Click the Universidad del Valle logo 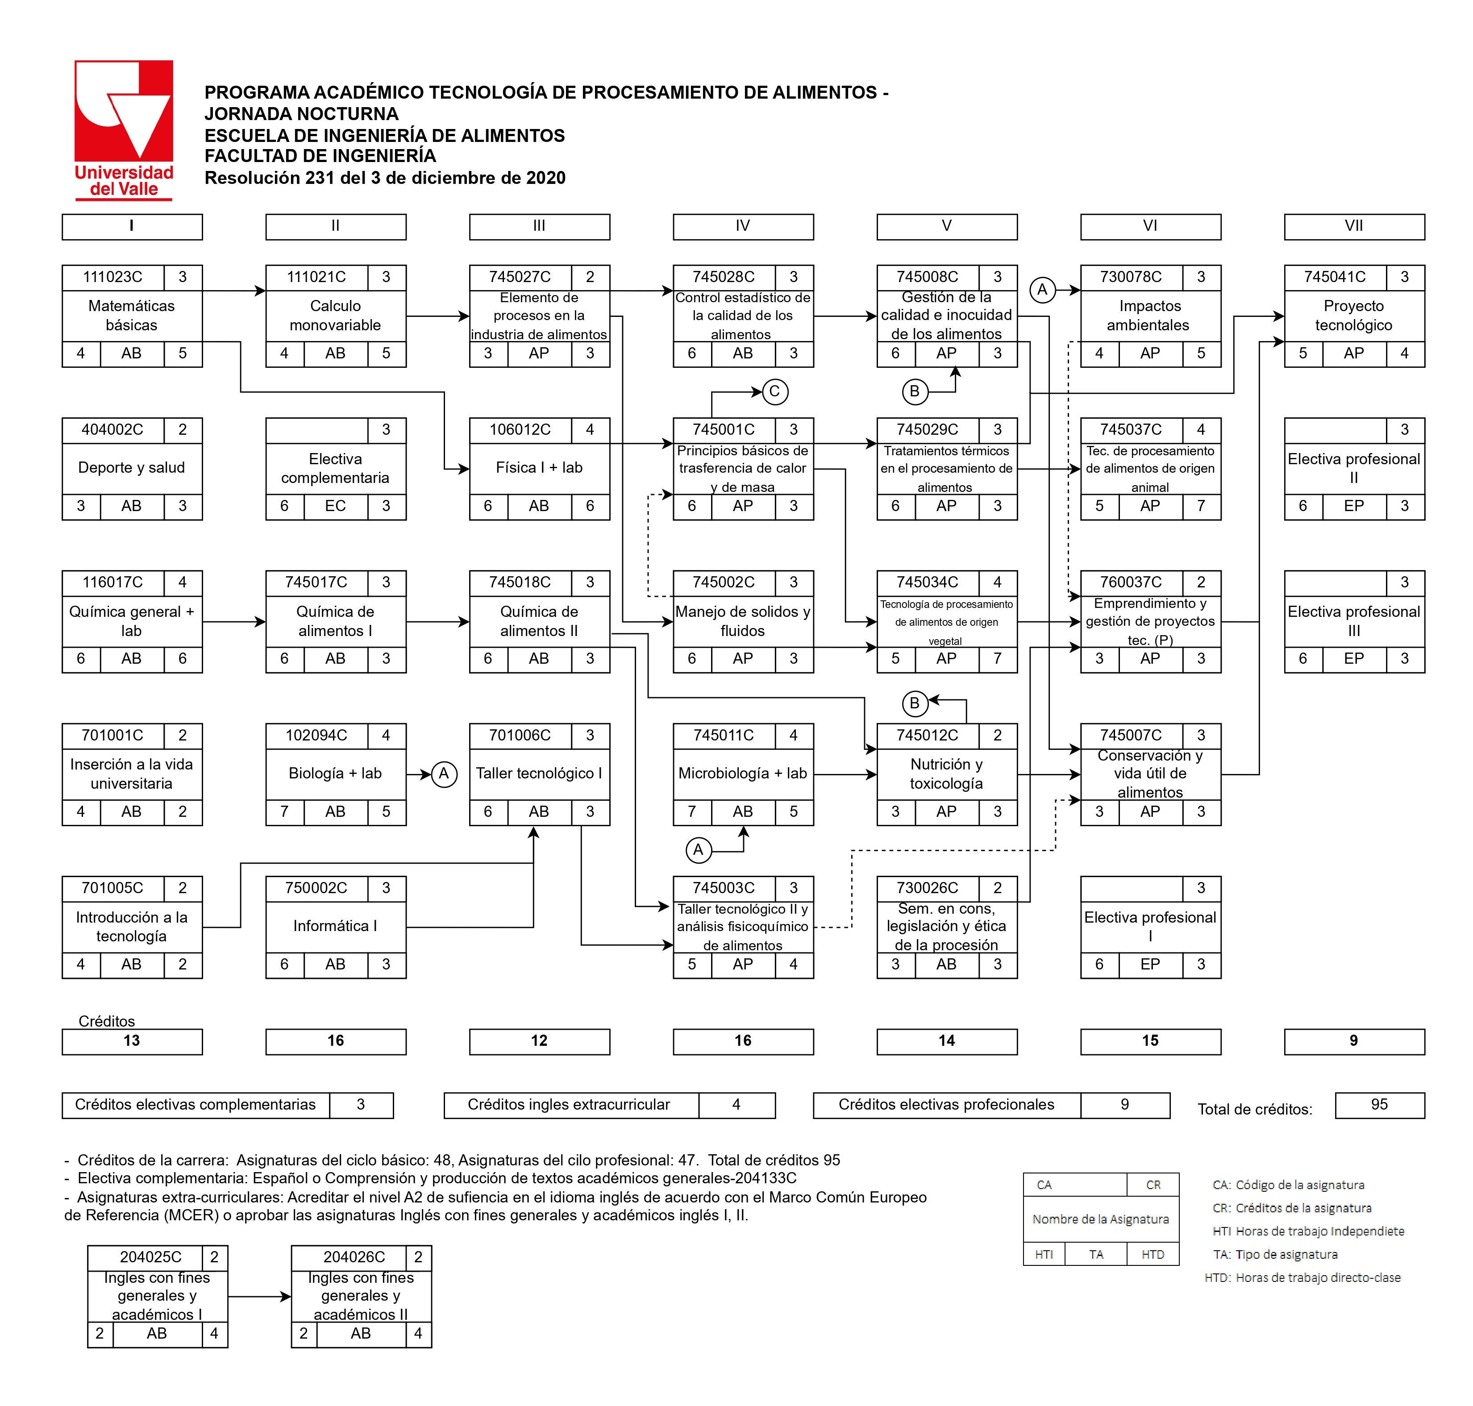124,129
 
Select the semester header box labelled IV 742,226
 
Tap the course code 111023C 112,277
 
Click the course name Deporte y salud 131,468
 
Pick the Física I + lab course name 539,468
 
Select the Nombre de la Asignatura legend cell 1100,1219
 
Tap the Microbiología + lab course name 742,774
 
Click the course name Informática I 335,926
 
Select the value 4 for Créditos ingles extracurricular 736,1105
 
